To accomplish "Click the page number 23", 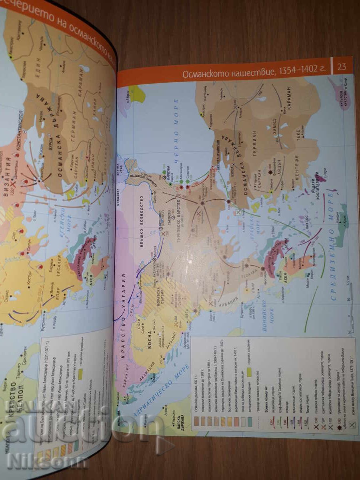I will [342, 66].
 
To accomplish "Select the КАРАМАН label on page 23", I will [288, 100].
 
